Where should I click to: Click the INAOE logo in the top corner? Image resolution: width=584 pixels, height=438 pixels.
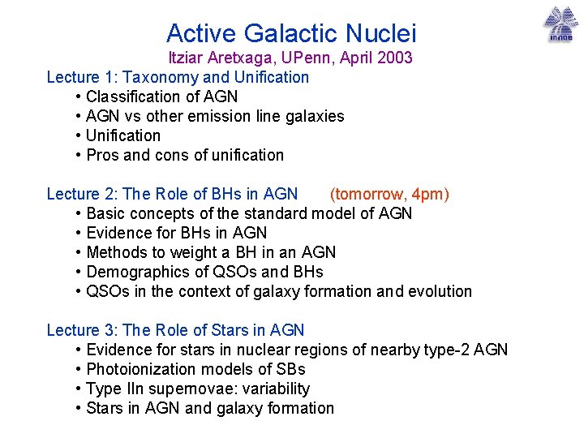pyautogui.click(x=560, y=24)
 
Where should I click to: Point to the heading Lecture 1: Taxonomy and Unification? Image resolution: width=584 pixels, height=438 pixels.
pyautogui.click(x=178, y=77)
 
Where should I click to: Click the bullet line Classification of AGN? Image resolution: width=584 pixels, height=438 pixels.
pyautogui.click(x=161, y=97)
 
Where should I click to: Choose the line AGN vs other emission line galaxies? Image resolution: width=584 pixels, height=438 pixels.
pyautogui.click(x=215, y=116)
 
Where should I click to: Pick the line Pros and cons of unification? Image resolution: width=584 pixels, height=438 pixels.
pyautogui.click(x=185, y=155)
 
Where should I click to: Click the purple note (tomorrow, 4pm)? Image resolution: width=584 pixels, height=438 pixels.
pyautogui.click(x=389, y=194)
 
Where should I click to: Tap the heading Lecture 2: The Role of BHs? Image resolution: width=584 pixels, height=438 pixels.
pyautogui.click(x=172, y=194)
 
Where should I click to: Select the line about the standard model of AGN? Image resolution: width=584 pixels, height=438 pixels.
pyautogui.click(x=249, y=213)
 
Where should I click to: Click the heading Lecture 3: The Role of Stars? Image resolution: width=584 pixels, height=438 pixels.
pyautogui.click(x=175, y=330)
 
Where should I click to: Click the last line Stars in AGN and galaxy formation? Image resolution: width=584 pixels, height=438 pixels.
pyautogui.click(x=210, y=408)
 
